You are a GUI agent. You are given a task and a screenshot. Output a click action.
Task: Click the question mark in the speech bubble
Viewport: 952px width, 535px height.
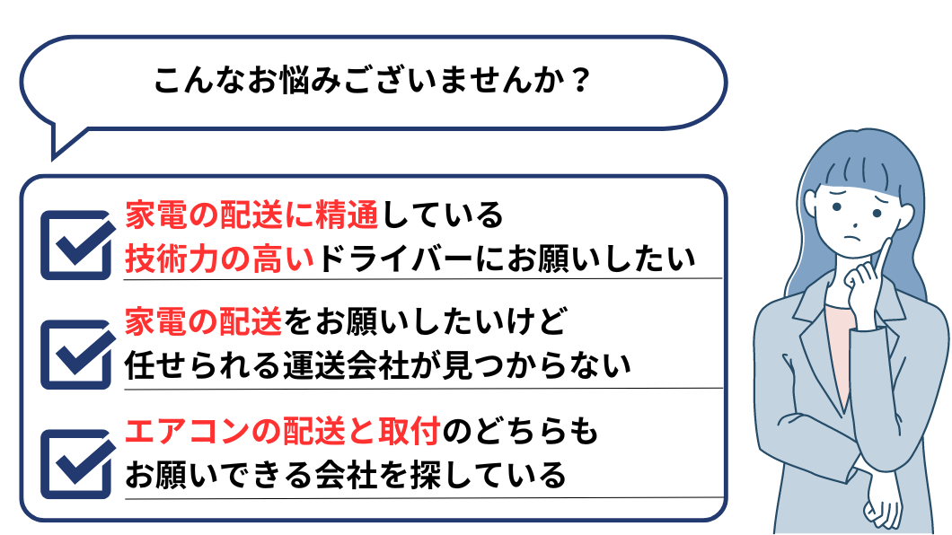[580, 82]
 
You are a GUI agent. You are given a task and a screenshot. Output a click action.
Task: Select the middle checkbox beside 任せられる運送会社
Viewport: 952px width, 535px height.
[77, 353]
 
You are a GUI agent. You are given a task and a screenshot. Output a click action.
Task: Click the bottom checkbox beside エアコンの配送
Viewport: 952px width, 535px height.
[77, 463]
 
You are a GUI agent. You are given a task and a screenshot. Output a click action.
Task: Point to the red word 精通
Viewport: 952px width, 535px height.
[347, 217]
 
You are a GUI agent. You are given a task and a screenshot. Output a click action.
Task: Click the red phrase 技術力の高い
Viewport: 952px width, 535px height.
[220, 259]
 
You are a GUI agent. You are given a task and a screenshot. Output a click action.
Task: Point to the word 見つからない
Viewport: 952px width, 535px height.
[555, 364]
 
